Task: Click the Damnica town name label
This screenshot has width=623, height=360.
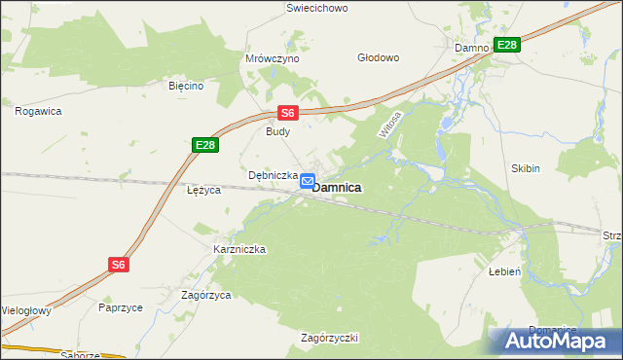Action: pos(338,187)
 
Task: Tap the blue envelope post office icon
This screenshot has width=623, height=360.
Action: pos(308,181)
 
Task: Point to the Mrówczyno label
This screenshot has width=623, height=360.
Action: pos(272,58)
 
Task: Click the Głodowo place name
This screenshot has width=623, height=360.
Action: pos(379,57)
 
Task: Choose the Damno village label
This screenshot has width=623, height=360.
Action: pos(471,47)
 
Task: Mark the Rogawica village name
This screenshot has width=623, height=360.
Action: pos(39,111)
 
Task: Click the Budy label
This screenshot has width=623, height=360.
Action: pos(279,131)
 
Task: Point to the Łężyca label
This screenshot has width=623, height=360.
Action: pos(204,190)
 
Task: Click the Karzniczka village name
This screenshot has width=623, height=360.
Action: pos(239,249)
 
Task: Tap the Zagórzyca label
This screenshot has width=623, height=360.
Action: pos(205,294)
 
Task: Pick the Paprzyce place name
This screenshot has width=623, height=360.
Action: pos(121,306)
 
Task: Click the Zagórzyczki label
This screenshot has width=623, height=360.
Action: pos(330,338)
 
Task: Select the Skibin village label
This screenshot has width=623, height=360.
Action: pos(525,168)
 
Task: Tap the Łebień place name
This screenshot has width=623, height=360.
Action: pos(506,273)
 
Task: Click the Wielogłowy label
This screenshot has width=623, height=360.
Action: pos(23,311)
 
